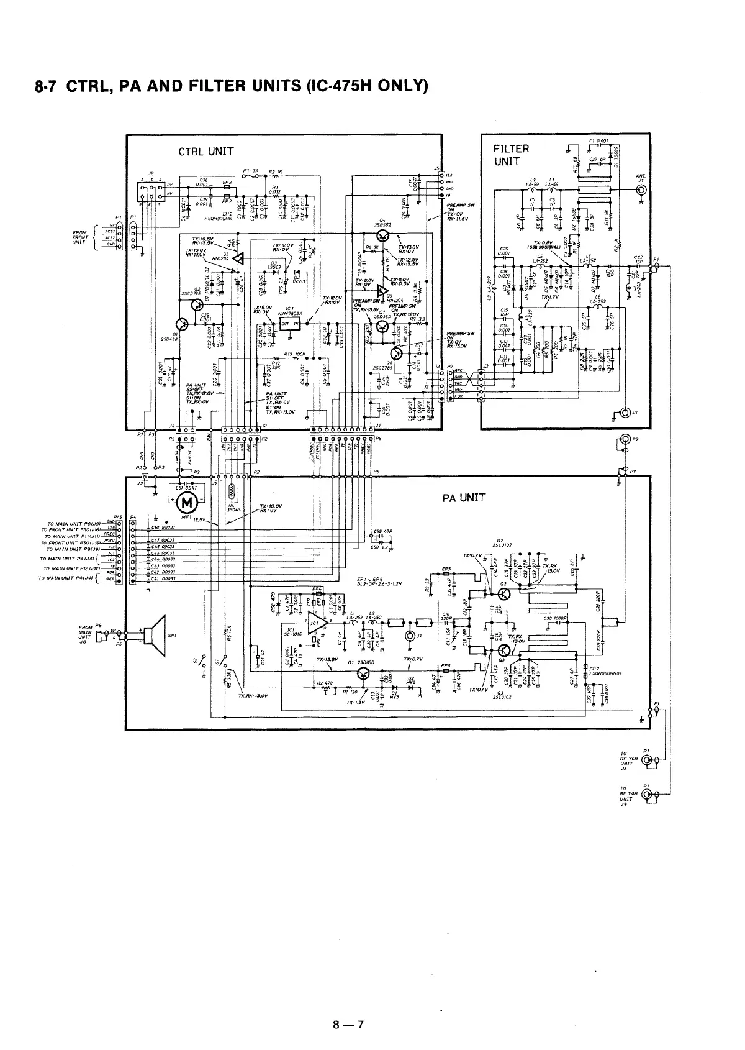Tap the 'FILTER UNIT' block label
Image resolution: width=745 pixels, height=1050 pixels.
tap(511, 155)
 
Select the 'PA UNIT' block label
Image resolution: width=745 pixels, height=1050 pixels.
tap(464, 498)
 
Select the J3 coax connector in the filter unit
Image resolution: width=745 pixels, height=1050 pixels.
tap(625, 413)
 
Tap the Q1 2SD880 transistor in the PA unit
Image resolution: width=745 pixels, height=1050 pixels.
tap(363, 674)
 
